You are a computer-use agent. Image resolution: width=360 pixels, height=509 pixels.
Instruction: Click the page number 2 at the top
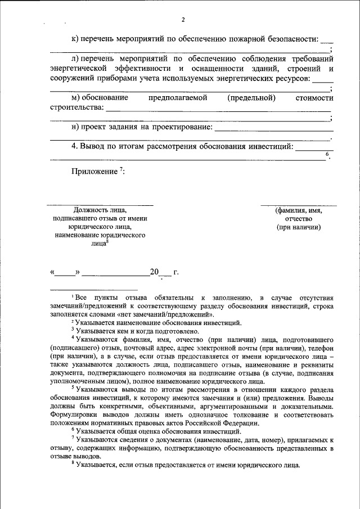(183, 21)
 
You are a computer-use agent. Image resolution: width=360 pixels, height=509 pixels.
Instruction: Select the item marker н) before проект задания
(75, 127)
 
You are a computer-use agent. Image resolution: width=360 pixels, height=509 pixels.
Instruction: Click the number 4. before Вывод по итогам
(74, 147)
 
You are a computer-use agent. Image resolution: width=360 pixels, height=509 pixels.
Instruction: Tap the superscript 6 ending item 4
(327, 154)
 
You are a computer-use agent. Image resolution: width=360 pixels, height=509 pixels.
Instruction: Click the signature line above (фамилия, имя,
(299, 205)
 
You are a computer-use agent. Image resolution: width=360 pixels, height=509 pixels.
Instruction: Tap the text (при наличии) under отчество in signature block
(299, 227)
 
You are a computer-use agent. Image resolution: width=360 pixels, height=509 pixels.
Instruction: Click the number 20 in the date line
(154, 273)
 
